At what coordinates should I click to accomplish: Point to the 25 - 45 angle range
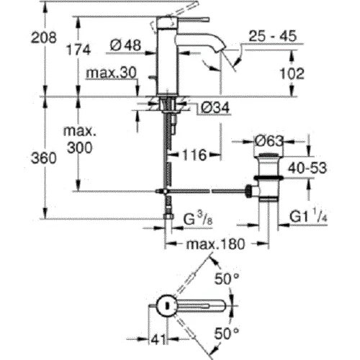pos(273,34)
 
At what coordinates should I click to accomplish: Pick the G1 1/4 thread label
pos(309,217)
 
